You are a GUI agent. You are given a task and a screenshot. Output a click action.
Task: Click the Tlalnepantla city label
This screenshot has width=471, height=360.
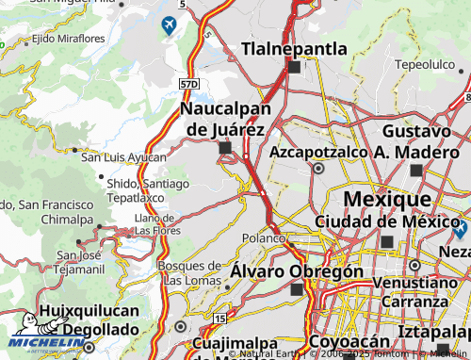(x=295, y=48)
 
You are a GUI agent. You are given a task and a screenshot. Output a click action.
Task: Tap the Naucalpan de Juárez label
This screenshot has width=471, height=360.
(x=223, y=119)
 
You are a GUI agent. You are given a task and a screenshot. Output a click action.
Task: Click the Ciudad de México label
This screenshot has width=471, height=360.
(x=386, y=221)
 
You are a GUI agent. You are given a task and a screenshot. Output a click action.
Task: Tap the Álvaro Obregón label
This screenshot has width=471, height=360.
(x=298, y=271)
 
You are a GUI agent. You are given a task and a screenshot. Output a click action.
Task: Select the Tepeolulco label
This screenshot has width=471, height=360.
(x=425, y=64)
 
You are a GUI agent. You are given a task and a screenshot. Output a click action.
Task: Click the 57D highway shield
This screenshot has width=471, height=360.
(x=189, y=85)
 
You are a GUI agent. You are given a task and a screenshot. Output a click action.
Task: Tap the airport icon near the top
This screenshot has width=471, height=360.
(x=169, y=25)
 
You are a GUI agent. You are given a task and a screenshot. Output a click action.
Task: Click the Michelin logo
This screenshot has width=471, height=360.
(x=44, y=342)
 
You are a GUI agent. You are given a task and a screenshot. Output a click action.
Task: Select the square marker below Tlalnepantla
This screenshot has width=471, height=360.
(x=294, y=67)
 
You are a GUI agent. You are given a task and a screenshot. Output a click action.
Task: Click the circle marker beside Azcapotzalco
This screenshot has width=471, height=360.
(x=319, y=170)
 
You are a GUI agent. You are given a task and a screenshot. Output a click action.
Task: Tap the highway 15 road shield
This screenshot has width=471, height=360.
(x=219, y=319)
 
